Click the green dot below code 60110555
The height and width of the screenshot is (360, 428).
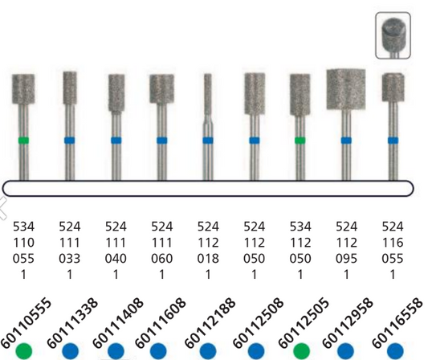click(x=24, y=350)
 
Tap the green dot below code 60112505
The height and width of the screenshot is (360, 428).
click(x=301, y=350)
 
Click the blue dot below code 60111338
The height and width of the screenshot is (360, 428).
click(x=70, y=350)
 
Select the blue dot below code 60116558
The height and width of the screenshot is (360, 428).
click(x=394, y=350)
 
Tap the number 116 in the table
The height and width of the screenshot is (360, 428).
click(x=393, y=240)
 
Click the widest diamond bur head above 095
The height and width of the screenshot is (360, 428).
click(x=346, y=88)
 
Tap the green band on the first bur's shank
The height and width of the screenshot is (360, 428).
click(x=23, y=141)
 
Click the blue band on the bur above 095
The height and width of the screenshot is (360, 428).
click(x=346, y=141)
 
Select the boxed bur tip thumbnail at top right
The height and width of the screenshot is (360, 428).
click(x=393, y=35)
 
